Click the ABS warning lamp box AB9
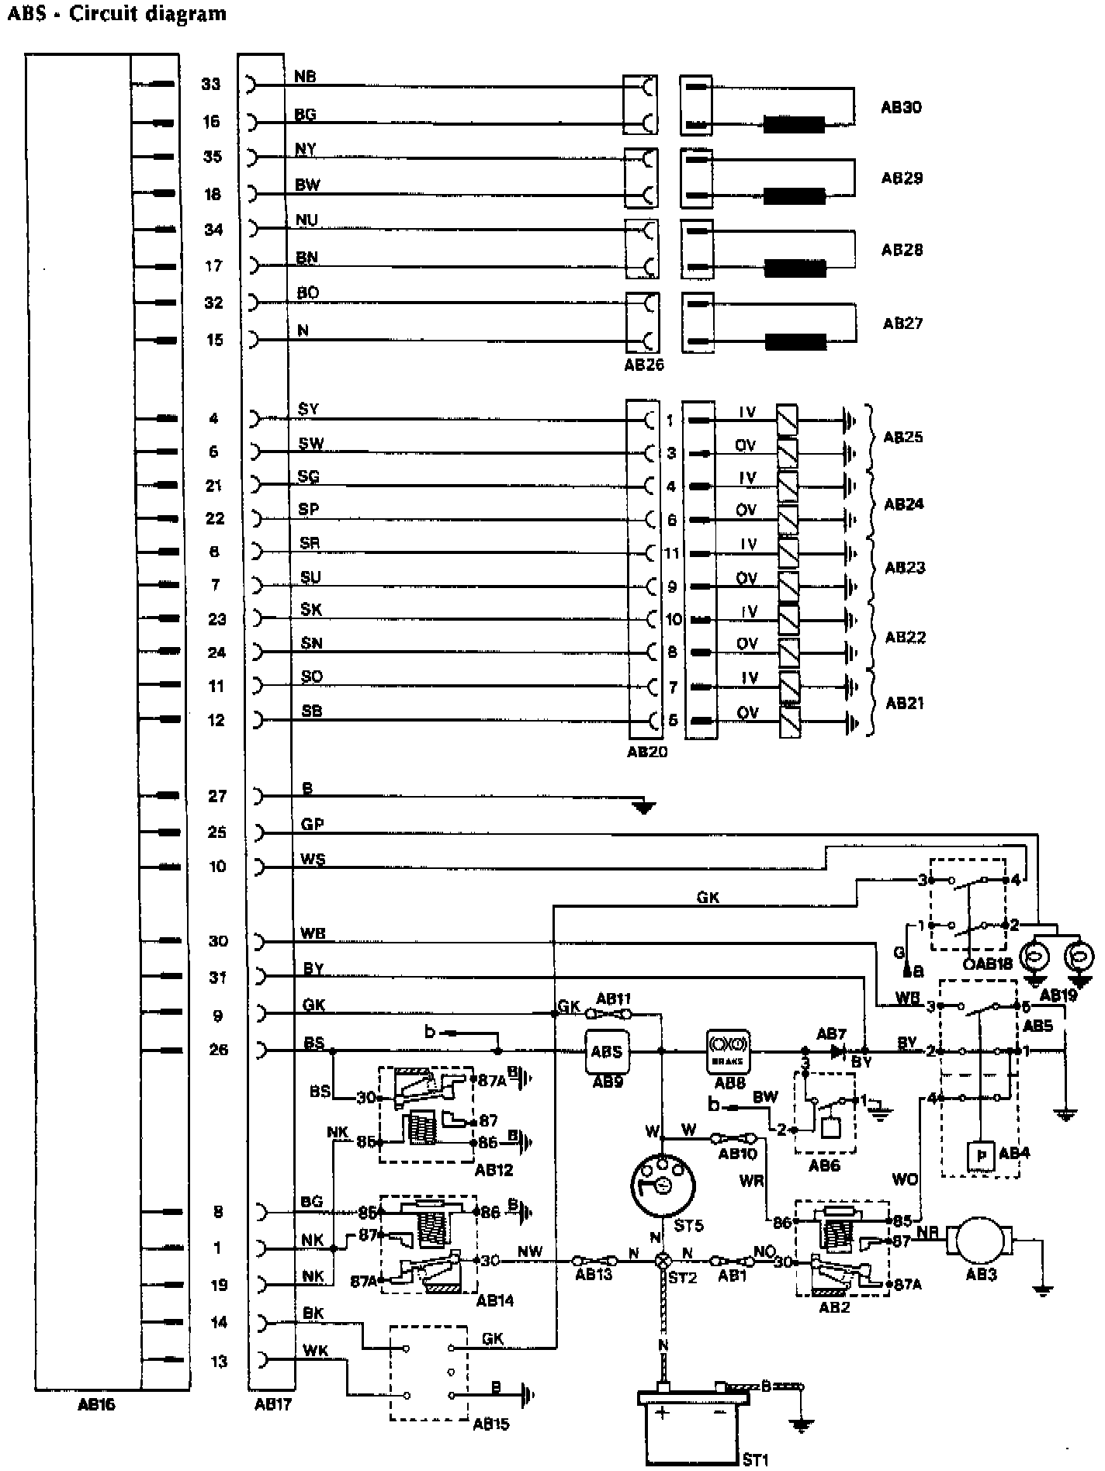(x=606, y=1051)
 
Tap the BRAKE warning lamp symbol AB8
(x=728, y=1051)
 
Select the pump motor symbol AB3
(x=980, y=1243)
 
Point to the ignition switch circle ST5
(x=662, y=1185)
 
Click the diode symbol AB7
(x=837, y=1051)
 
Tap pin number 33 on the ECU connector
(x=211, y=84)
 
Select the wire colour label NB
(x=305, y=77)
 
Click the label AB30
(x=901, y=107)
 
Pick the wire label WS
(x=313, y=859)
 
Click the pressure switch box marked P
(x=982, y=1155)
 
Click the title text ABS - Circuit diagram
(x=116, y=14)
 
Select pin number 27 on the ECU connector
(x=217, y=796)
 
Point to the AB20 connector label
(x=646, y=751)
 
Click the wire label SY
(x=308, y=409)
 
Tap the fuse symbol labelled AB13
(x=594, y=1262)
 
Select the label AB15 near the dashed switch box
(x=491, y=1424)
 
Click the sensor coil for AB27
(x=795, y=341)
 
